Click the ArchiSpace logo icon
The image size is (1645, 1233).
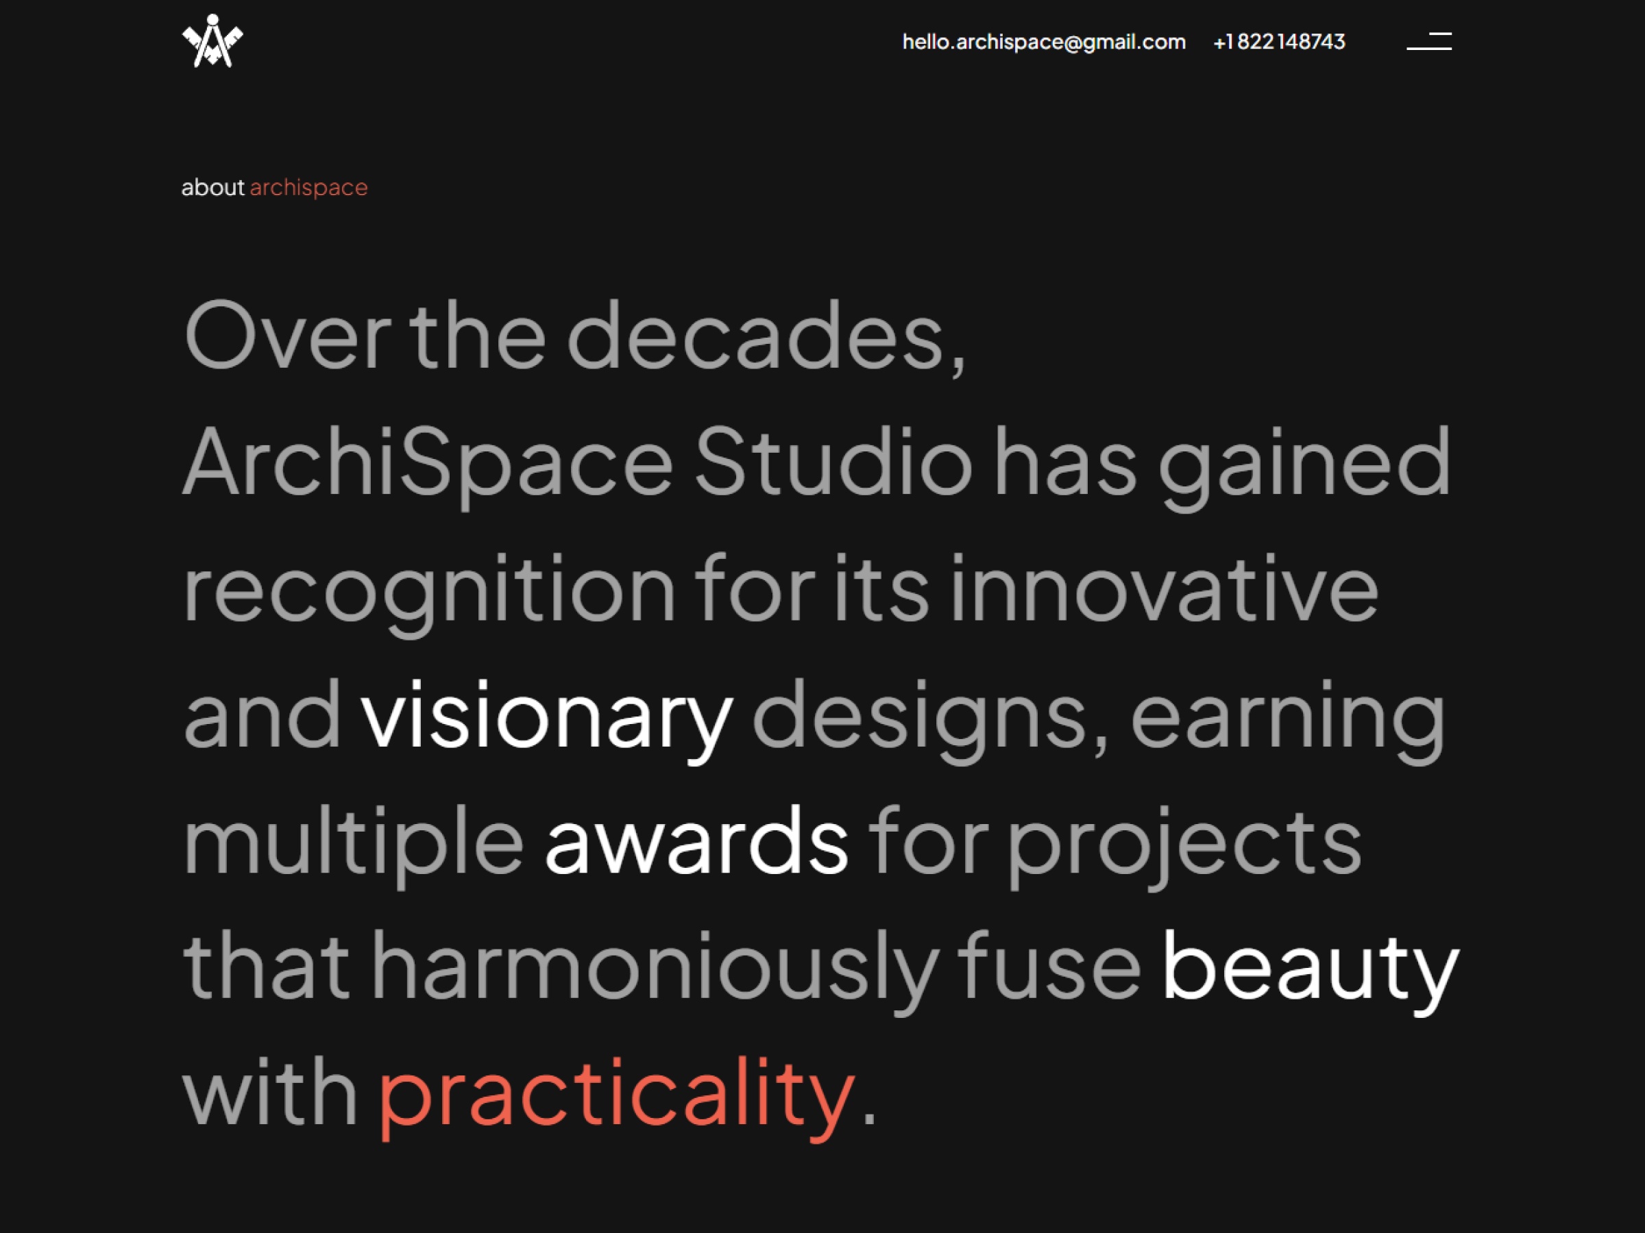pos(212,42)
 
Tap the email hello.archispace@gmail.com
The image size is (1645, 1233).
pos(1043,42)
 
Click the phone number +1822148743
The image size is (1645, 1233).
pos(1279,42)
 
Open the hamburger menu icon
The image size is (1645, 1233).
pos(1428,42)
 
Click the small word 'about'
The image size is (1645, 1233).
pos(212,187)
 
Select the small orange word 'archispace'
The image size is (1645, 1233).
pos(308,187)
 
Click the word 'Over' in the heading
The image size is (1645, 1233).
pos(287,336)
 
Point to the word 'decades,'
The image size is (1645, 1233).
pos(766,336)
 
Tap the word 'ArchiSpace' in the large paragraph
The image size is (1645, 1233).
pos(428,462)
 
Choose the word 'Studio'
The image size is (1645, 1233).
pos(833,462)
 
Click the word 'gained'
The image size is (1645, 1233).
pos(1304,462)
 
